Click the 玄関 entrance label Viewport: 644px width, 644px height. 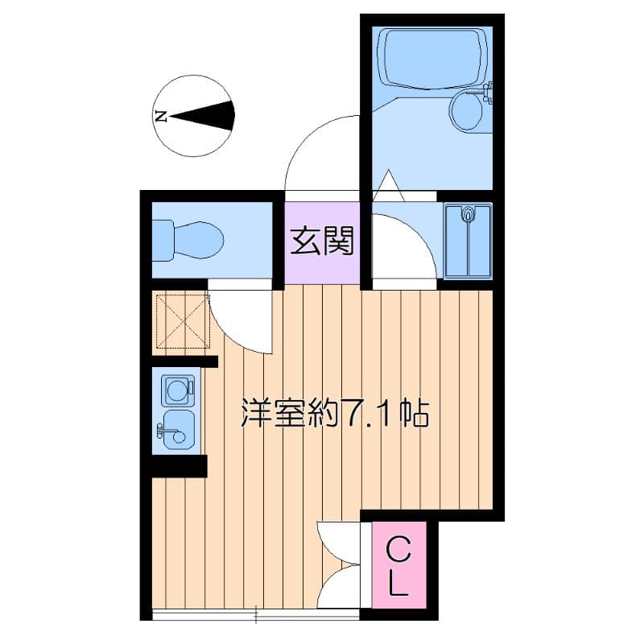[321, 242]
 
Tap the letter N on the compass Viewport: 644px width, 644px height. [161, 116]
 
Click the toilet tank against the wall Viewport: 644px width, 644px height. [163, 240]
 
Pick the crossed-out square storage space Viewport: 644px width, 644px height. [184, 321]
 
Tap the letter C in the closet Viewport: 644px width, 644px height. [398, 550]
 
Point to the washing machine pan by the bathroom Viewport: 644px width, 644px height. [469, 242]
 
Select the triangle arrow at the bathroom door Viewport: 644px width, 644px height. [388, 184]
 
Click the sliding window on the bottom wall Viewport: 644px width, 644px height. [256, 615]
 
